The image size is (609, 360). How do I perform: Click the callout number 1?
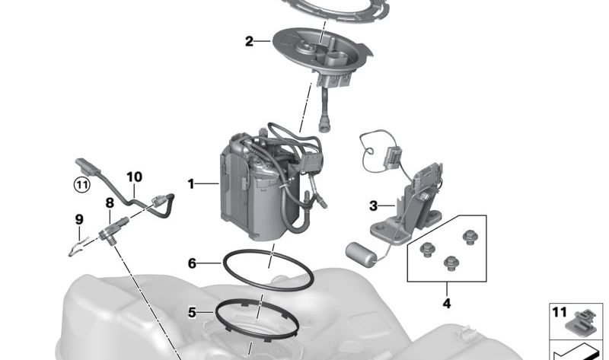pyautogui.click(x=191, y=183)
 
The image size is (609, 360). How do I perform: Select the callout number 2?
pyautogui.click(x=249, y=41)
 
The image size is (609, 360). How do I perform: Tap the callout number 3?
pyautogui.click(x=373, y=205)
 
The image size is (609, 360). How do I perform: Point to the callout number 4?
pyautogui.click(x=447, y=304)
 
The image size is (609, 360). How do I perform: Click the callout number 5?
pyautogui.click(x=192, y=312)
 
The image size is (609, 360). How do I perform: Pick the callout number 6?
pyautogui.click(x=192, y=263)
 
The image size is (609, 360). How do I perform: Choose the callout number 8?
pyautogui.click(x=110, y=202)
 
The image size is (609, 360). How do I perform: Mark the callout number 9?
pyautogui.click(x=79, y=220)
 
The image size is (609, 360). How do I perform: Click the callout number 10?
pyautogui.click(x=135, y=177)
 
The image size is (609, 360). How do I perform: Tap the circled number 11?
pyautogui.click(x=82, y=184)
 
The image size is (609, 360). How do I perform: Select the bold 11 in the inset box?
pyautogui.click(x=560, y=312)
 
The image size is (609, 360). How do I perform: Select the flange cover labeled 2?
pyautogui.click(x=322, y=54)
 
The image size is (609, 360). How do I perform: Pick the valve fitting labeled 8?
pyautogui.click(x=113, y=231)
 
